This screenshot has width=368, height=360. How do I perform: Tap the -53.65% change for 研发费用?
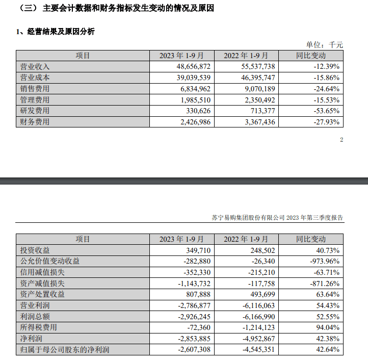coord(324,111)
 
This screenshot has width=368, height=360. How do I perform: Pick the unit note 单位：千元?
coord(324,45)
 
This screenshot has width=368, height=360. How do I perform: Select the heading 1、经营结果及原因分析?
coord(56,32)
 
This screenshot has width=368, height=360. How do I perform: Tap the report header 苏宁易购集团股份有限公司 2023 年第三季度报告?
coord(277,218)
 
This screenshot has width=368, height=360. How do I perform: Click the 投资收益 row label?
coord(35,250)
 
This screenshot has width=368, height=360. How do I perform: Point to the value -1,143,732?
coord(190,284)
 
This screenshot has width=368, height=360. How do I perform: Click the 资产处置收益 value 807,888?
coord(196,294)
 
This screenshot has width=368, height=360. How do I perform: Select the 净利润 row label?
coord(31,339)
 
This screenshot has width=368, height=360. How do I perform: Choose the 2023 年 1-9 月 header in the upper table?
coord(181,56)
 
